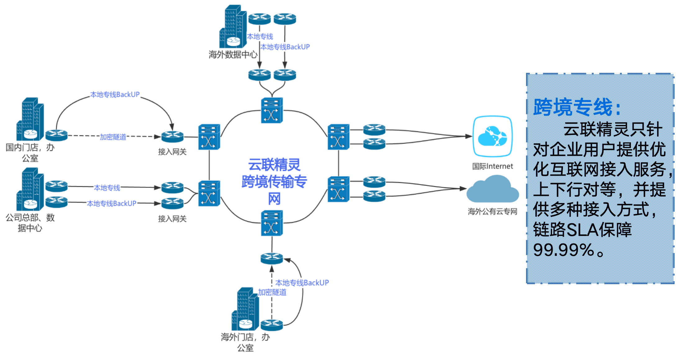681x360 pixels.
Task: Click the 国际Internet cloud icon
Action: coord(492,136)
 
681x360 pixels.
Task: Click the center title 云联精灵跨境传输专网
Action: coord(274,182)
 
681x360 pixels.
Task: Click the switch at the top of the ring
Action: coord(272,110)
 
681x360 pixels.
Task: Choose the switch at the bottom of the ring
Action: coord(272,223)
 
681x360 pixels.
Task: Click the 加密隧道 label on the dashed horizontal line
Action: coord(113,137)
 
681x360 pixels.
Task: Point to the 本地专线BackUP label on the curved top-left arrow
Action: coord(115,95)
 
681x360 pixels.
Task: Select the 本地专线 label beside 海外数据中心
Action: coord(260,37)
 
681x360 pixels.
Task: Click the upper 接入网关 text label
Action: coord(172,152)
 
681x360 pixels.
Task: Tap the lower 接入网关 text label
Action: coord(172,219)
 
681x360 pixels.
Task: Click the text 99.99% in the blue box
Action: coord(564,250)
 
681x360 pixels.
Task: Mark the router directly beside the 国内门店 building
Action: coord(57,135)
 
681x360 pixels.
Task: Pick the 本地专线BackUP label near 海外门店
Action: coord(302,283)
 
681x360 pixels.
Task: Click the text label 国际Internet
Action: coord(492,166)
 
